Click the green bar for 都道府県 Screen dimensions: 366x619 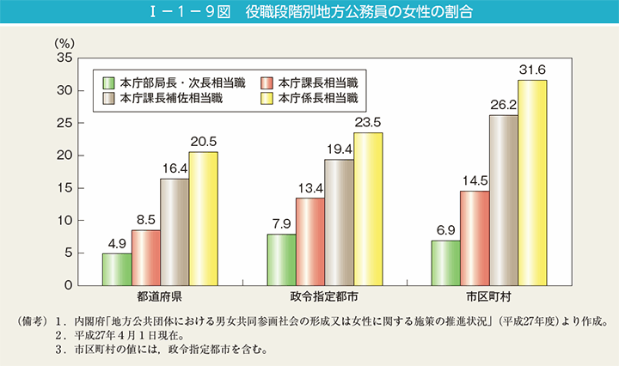[117, 269]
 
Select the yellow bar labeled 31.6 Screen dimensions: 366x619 [532, 182]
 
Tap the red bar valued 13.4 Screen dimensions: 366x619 [309, 241]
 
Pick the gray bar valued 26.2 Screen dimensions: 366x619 [503, 199]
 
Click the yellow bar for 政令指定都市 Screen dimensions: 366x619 [368, 209]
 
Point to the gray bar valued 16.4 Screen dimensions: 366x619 [175, 231]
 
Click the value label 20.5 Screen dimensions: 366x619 [203, 143]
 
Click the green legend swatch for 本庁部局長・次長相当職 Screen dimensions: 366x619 [109, 82]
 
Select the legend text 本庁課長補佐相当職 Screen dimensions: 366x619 [172, 99]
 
